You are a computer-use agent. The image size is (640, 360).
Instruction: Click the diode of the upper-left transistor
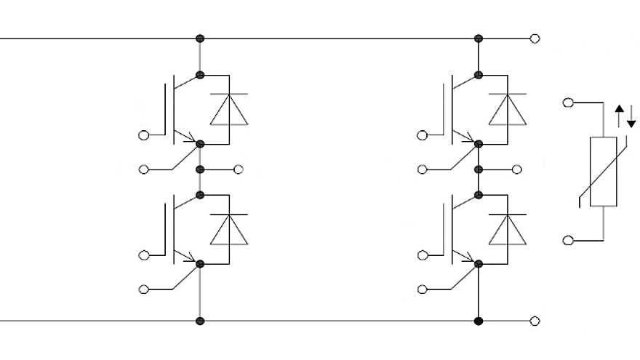(x=228, y=109)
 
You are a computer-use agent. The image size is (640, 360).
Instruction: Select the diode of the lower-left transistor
(x=228, y=229)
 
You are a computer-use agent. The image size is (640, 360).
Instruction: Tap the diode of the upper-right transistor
(x=508, y=109)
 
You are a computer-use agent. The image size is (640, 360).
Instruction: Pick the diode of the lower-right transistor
(x=508, y=229)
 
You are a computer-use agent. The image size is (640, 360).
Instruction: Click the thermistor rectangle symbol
(x=603, y=171)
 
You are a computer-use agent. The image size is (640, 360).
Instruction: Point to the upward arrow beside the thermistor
(x=619, y=115)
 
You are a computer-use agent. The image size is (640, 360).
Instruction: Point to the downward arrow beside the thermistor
(x=631, y=115)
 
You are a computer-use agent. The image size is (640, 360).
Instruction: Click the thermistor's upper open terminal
(x=568, y=103)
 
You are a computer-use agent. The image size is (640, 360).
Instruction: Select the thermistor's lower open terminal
(x=568, y=239)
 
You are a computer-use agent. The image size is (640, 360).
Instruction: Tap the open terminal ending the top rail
(x=536, y=38)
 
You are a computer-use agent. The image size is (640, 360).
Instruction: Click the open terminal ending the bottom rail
(x=536, y=321)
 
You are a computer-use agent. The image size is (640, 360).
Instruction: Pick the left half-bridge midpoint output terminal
(x=238, y=169)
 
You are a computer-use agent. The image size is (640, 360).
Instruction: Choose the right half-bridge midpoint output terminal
(x=517, y=169)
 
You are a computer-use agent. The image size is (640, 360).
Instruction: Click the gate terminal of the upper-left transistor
(x=143, y=135)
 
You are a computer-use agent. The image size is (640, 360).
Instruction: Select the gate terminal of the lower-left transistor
(x=143, y=255)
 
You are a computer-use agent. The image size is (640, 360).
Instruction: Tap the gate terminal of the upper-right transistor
(x=423, y=135)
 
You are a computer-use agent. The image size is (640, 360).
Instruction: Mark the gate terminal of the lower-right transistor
(x=423, y=255)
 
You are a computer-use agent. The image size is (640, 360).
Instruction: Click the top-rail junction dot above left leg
(x=200, y=38)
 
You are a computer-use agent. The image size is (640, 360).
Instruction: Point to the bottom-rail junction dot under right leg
(x=479, y=321)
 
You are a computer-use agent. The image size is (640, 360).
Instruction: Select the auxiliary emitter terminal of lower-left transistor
(x=143, y=289)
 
